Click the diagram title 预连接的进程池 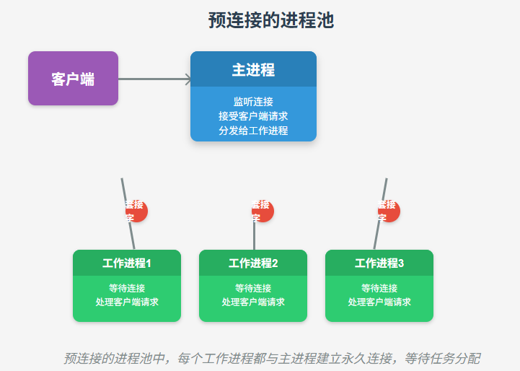[270, 21]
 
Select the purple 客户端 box [73, 79]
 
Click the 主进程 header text [253, 70]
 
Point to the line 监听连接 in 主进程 [253, 102]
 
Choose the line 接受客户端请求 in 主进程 [253, 115]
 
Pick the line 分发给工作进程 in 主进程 [253, 130]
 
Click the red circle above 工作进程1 [136, 211]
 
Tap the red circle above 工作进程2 [263, 211]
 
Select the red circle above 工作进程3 [389, 211]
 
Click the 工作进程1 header [127, 263]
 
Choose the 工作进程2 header [253, 263]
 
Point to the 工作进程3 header [379, 263]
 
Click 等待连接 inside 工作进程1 [127, 288]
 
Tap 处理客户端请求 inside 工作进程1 [127, 302]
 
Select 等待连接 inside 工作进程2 [253, 288]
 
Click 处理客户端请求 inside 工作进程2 [253, 302]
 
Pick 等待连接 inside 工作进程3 [379, 288]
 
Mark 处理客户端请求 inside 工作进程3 [379, 302]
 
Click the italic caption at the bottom [272, 358]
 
